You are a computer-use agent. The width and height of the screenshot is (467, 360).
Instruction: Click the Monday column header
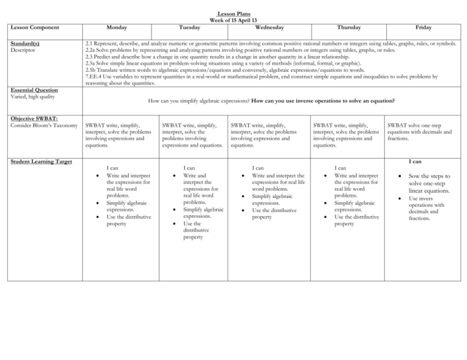(117, 28)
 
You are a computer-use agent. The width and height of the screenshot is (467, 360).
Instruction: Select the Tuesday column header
(189, 28)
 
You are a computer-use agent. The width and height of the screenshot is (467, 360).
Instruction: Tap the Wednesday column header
(270, 28)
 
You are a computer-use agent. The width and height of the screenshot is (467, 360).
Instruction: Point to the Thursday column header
(349, 28)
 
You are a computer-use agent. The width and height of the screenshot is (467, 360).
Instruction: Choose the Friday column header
(423, 28)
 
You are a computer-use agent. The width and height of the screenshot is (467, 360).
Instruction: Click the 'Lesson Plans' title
(233, 14)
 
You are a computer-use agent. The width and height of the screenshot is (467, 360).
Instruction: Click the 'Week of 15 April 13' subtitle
(233, 20)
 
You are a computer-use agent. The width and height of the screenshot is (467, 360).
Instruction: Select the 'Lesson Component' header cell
(35, 28)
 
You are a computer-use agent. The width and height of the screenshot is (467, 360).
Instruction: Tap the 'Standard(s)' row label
(25, 43)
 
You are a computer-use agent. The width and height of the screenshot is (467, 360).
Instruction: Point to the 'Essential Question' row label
(34, 90)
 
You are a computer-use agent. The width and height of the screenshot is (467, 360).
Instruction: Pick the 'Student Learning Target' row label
(41, 161)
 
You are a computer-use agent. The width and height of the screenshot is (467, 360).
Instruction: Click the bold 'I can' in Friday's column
(415, 161)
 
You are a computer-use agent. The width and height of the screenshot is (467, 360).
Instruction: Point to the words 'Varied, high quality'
(33, 97)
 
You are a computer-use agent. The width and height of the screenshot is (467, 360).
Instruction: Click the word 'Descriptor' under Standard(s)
(24, 50)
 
